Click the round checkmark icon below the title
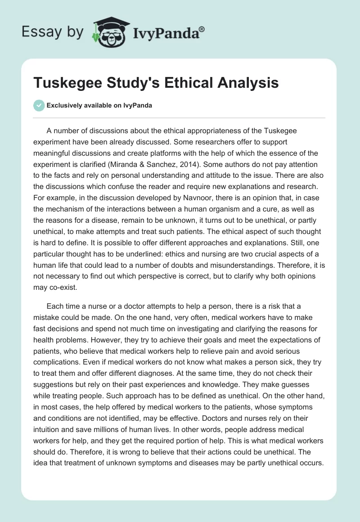[39, 105]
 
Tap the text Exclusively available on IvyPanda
[99, 106]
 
